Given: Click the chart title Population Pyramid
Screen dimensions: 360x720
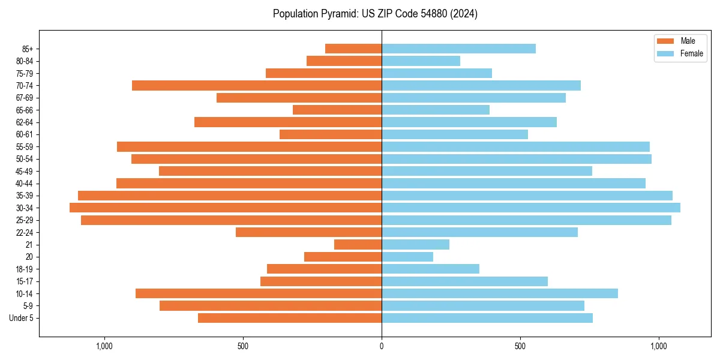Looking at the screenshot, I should pyautogui.click(x=375, y=14).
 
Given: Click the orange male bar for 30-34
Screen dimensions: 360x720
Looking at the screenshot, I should pyautogui.click(x=226, y=208).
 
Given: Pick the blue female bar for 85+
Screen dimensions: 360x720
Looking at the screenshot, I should pyautogui.click(x=458, y=49).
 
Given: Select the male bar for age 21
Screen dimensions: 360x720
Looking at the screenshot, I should pyautogui.click(x=358, y=245).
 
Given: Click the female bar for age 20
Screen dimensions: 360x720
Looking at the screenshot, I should pyautogui.click(x=407, y=257).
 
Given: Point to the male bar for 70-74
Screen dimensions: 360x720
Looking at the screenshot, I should pyautogui.click(x=257, y=85).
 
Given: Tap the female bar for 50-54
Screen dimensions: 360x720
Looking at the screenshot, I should pyautogui.click(x=517, y=159).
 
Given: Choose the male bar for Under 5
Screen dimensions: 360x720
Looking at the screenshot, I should pyautogui.click(x=290, y=318).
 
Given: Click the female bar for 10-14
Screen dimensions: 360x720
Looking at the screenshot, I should pyautogui.click(x=500, y=293).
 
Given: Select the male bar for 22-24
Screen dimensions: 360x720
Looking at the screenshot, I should pyautogui.click(x=308, y=232).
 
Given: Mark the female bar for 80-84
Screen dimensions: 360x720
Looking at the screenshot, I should pyautogui.click(x=421, y=61).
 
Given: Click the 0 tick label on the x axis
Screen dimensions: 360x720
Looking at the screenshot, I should pyautogui.click(x=382, y=346).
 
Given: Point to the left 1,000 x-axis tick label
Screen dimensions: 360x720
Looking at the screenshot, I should pyautogui.click(x=104, y=346).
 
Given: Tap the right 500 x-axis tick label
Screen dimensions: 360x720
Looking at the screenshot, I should pyautogui.click(x=520, y=346).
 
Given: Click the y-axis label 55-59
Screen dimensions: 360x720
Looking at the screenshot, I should pyautogui.click(x=25, y=147).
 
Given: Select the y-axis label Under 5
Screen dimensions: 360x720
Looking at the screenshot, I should pyautogui.click(x=22, y=318).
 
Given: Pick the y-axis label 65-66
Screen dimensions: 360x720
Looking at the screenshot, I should pyautogui.click(x=25, y=110).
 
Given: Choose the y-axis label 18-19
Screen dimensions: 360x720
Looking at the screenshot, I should pyautogui.click(x=25, y=269).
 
